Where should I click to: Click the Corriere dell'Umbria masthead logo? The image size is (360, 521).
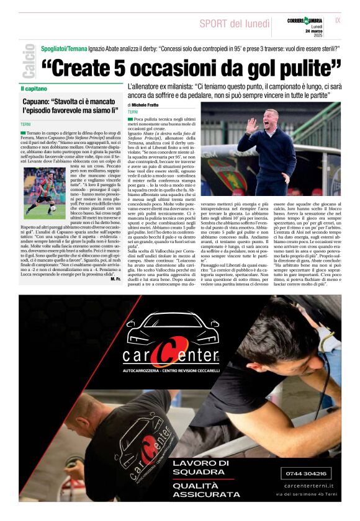(x=305, y=20)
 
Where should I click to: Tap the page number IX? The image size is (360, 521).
(x=338, y=20)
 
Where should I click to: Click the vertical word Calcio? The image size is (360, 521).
(x=28, y=61)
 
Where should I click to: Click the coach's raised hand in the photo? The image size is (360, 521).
(x=251, y=126)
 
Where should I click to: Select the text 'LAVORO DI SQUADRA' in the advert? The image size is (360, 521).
(x=200, y=467)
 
